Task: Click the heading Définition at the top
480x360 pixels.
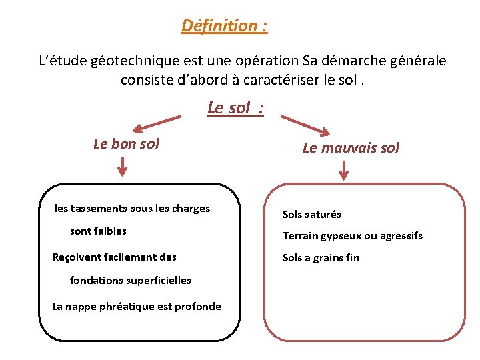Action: click(x=225, y=26)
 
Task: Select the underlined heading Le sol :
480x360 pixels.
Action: click(x=235, y=107)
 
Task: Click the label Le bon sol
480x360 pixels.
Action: click(x=127, y=143)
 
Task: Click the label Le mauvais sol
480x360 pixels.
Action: click(x=351, y=148)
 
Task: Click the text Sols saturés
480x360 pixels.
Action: click(x=311, y=215)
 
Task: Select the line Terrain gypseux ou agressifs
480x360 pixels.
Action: click(x=352, y=236)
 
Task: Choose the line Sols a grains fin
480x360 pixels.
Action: click(x=321, y=258)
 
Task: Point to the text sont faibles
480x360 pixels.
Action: click(x=98, y=231)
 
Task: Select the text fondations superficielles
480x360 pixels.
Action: click(x=130, y=281)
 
